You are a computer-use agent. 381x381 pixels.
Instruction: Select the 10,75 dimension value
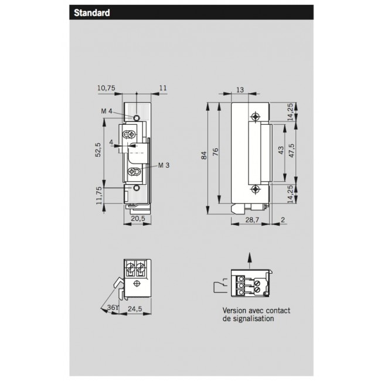(x=106, y=88)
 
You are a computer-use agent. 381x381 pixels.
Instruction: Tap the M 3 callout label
(x=164, y=165)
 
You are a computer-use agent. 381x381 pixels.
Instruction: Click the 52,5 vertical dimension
(x=98, y=150)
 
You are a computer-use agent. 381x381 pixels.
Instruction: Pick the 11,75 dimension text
(x=98, y=194)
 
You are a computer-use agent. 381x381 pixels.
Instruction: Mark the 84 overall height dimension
(x=203, y=155)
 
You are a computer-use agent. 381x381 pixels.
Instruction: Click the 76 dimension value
(x=215, y=152)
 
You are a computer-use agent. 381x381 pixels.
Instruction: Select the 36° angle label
(x=112, y=307)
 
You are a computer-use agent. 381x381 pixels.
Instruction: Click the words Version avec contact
(x=256, y=311)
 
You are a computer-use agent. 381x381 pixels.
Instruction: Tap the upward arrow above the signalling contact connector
(x=250, y=258)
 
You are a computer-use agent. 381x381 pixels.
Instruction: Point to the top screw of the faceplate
(x=254, y=115)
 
